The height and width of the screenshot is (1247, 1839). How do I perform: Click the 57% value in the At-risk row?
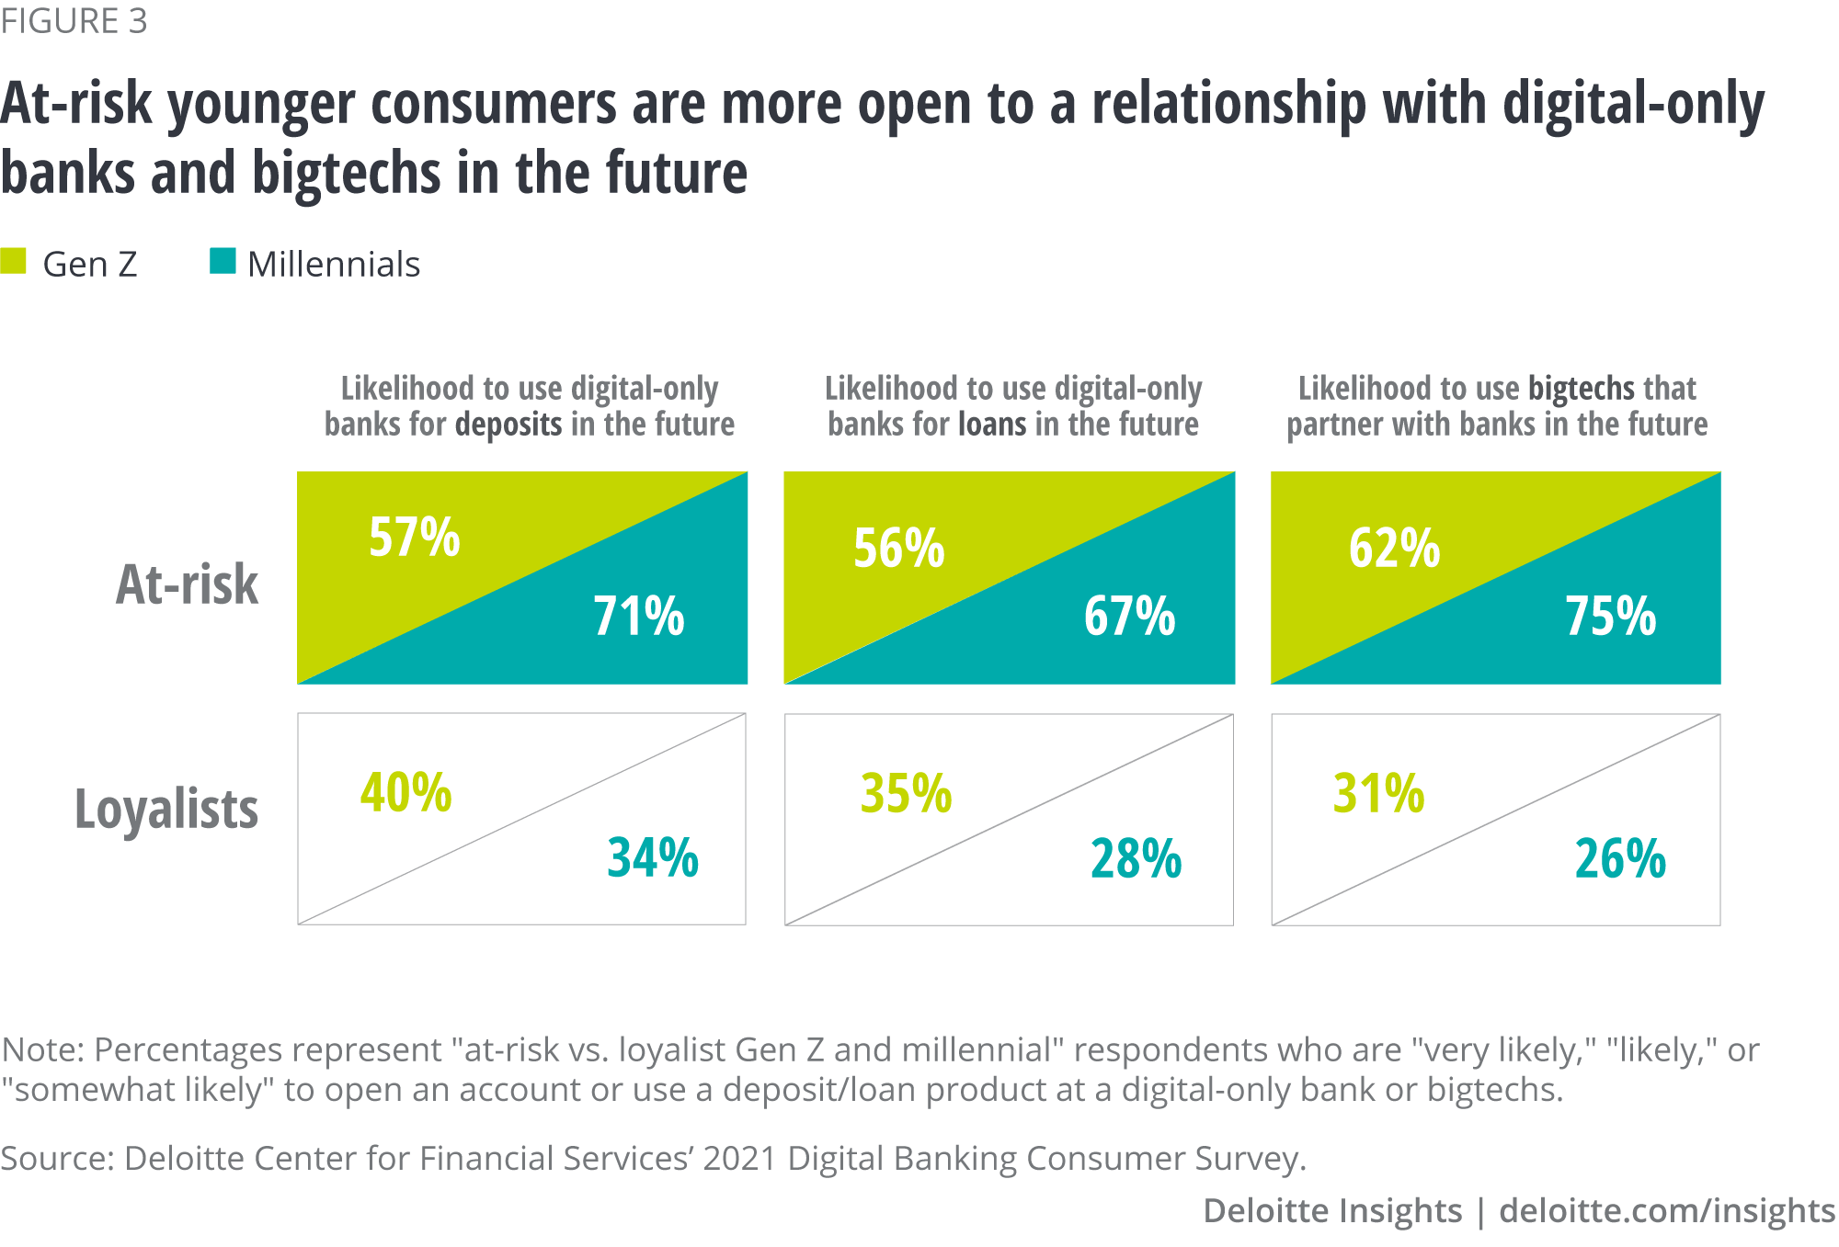tap(415, 538)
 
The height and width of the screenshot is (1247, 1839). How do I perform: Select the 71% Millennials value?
tap(639, 616)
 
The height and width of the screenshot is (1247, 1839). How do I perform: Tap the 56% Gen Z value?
tap(899, 549)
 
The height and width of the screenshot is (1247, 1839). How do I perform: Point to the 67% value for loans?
tap(1130, 616)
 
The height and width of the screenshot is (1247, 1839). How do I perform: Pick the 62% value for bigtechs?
tap(1395, 549)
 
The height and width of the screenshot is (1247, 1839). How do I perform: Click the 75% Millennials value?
tap(1611, 616)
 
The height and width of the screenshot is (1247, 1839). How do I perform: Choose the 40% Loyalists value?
tap(406, 792)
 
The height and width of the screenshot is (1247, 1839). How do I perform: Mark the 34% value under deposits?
tap(653, 858)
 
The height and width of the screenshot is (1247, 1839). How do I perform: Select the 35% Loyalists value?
tap(907, 794)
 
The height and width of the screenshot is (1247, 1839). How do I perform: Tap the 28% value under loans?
tap(1137, 859)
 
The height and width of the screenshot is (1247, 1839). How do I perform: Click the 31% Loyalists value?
tap(1379, 794)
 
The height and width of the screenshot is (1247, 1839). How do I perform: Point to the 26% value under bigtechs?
tap(1620, 859)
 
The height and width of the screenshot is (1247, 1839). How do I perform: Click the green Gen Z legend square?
tap(14, 262)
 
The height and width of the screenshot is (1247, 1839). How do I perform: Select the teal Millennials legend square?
tap(223, 262)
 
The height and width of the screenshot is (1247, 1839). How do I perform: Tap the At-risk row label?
tap(188, 584)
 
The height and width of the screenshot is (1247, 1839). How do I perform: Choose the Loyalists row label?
tap(166, 810)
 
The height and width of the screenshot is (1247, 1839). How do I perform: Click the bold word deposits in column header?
tap(508, 425)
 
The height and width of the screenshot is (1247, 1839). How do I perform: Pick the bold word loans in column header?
tap(993, 425)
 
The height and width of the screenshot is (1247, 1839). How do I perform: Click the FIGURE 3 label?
tap(74, 21)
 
